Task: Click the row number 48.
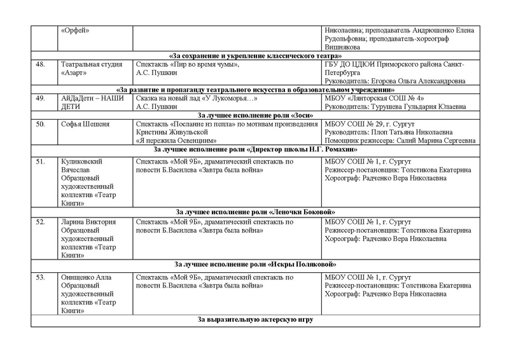pyautogui.click(x=41, y=65)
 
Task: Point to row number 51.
pyautogui.click(x=41, y=162)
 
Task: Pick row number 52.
pyautogui.click(x=41, y=222)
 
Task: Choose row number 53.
pyautogui.click(x=41, y=277)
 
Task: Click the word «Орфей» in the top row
pyautogui.click(x=74, y=31)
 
